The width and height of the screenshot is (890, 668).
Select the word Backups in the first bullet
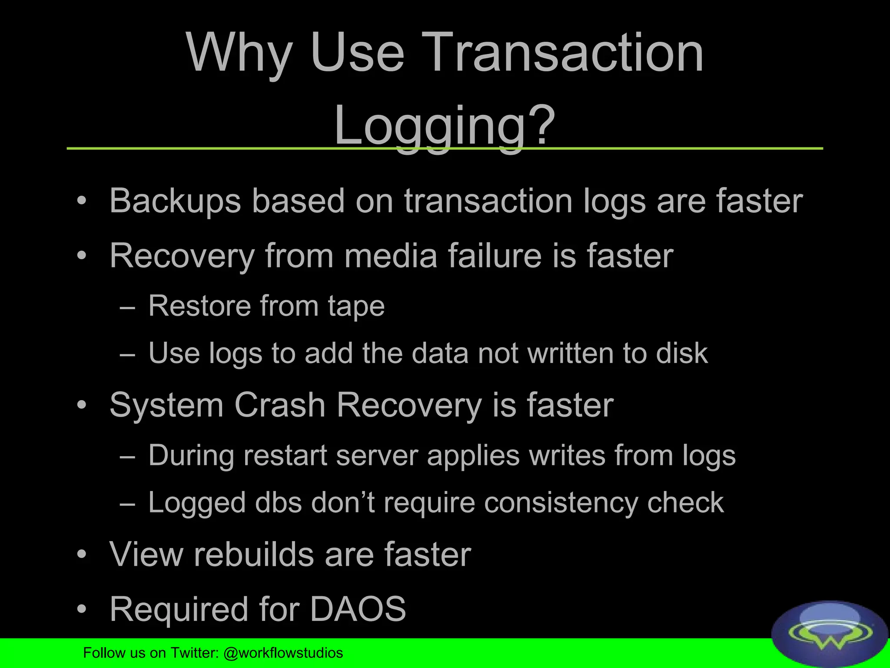pos(175,201)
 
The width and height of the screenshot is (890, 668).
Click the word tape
pos(356,306)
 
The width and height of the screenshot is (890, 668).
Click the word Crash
pos(280,405)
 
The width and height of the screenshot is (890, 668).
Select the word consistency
pos(561,503)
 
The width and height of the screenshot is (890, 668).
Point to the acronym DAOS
pos(358,609)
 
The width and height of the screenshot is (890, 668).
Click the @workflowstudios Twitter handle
pos(283,653)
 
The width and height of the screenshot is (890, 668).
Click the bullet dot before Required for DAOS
pos(81,609)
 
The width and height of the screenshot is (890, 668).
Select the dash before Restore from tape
pos(127,308)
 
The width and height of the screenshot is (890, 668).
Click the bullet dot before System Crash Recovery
pos(81,405)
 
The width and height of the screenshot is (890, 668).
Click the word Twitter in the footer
pos(194,653)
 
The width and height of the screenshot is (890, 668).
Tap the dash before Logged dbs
pos(127,504)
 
